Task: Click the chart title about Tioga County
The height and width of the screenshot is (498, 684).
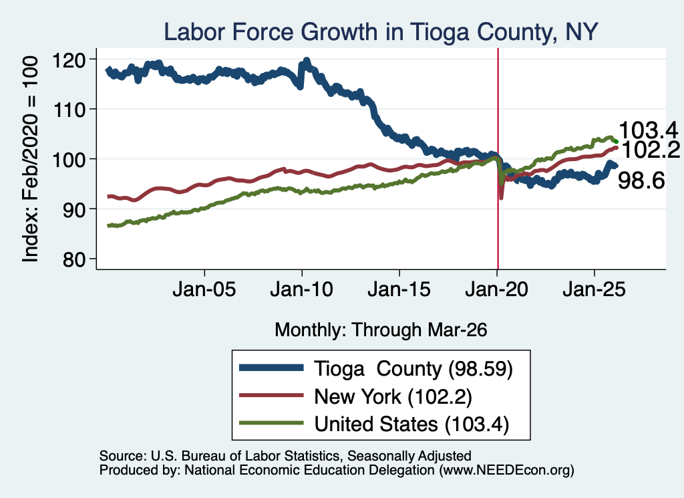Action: tap(380, 32)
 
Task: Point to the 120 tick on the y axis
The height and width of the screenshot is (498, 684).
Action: tap(69, 59)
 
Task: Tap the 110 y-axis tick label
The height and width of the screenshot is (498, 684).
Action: tap(69, 110)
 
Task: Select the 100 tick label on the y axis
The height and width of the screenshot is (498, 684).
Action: tap(69, 160)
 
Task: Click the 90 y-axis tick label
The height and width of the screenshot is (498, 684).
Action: tap(73, 210)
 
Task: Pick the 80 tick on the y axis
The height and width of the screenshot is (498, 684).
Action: tap(73, 259)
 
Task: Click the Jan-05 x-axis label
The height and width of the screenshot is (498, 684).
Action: tap(204, 289)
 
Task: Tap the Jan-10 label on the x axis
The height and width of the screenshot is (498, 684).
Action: tap(301, 289)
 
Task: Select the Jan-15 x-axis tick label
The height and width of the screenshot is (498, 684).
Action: tap(399, 289)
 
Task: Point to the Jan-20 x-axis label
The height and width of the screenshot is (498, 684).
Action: tap(497, 289)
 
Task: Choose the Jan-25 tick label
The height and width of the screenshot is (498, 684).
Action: tap(594, 289)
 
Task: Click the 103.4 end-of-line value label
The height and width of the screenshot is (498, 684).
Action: tap(649, 130)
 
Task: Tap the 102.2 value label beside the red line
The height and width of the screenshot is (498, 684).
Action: tap(651, 150)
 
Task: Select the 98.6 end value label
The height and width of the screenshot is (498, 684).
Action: tap(641, 180)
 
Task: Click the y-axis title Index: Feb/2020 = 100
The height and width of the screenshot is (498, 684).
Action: tap(30, 159)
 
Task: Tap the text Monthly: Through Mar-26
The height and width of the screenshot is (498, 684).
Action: tap(381, 330)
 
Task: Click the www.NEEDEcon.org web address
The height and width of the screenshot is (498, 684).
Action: tap(506, 470)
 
